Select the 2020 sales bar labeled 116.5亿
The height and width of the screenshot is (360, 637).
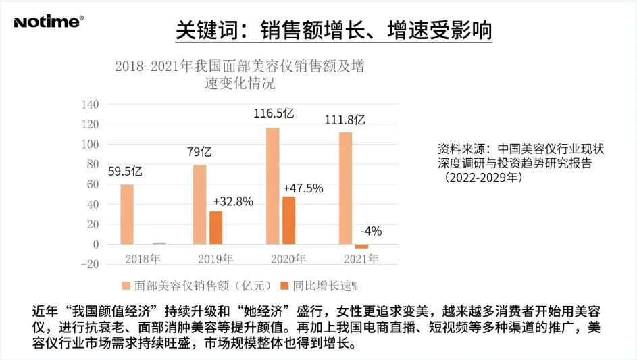tap(272, 185)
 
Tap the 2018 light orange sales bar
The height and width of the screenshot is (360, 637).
tap(127, 214)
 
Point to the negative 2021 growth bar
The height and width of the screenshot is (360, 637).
tap(361, 246)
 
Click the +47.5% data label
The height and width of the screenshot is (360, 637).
tap(303, 188)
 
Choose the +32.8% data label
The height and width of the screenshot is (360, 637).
tap(232, 201)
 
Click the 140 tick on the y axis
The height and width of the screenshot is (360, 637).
tap(91, 105)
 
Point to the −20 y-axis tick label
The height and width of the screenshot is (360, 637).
tap(89, 264)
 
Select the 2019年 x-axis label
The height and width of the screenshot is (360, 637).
tap(215, 259)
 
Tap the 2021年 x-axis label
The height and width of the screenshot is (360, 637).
tap(361, 259)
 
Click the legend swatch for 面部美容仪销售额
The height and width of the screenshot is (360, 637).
tap(125, 286)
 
